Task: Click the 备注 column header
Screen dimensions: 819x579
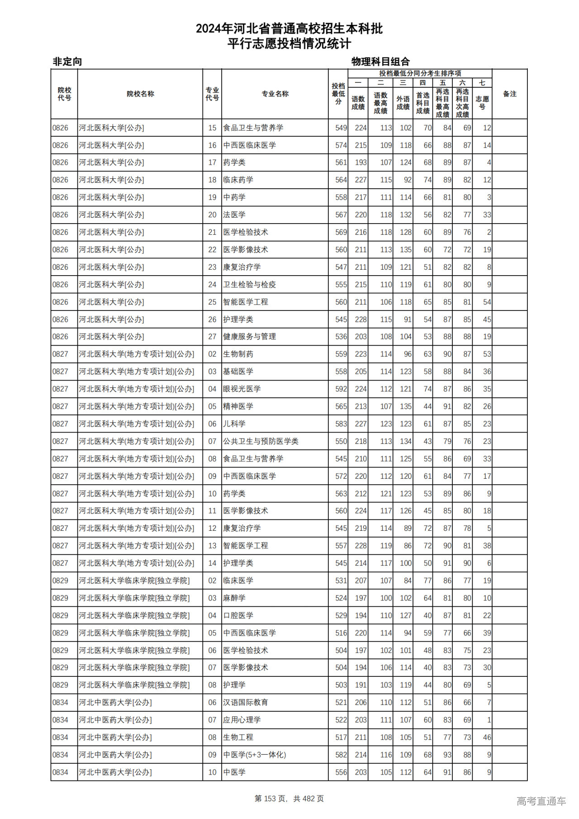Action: tap(509, 94)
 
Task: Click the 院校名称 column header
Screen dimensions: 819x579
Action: tap(140, 94)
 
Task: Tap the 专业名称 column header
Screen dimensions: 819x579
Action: tap(275, 94)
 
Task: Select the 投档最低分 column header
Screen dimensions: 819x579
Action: tap(338, 94)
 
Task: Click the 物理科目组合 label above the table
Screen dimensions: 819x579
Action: tap(380, 62)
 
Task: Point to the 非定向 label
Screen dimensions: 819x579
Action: tap(67, 62)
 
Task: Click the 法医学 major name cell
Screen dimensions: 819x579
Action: tap(234, 215)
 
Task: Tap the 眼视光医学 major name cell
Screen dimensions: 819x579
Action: tap(242, 389)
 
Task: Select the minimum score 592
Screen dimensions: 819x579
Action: tap(341, 389)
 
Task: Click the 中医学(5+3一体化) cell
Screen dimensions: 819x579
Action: tap(254, 755)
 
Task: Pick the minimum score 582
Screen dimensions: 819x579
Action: tap(341, 755)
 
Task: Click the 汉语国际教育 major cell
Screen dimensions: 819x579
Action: tap(245, 702)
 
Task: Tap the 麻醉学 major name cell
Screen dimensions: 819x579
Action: tap(234, 598)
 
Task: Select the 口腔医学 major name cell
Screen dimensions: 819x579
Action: tap(238, 615)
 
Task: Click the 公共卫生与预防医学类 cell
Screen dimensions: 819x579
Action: tap(261, 441)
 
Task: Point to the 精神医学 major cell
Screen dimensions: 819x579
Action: tap(238, 406)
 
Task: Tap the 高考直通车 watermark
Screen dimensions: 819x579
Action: tap(541, 801)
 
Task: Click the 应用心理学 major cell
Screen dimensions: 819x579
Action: tap(242, 720)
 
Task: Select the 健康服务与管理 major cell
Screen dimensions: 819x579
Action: tap(249, 337)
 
